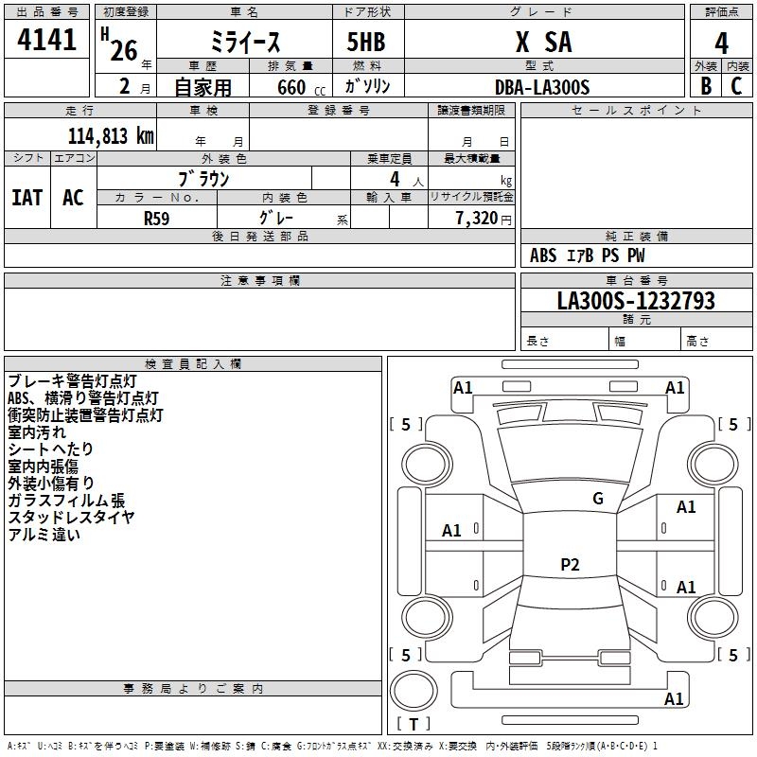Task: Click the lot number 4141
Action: pyautogui.click(x=47, y=41)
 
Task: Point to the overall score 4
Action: pyautogui.click(x=721, y=43)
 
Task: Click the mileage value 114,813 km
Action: pyautogui.click(x=111, y=136)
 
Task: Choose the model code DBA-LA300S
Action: pyautogui.click(x=542, y=87)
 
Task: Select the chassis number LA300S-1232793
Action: pyautogui.click(x=636, y=301)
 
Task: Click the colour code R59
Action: pyautogui.click(x=157, y=217)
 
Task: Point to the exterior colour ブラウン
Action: pyautogui.click(x=203, y=178)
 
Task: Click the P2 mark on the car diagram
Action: pyautogui.click(x=570, y=565)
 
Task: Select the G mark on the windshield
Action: pyautogui.click(x=597, y=499)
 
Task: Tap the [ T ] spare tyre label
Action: pyautogui.click(x=414, y=724)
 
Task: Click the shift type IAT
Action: pyautogui.click(x=27, y=197)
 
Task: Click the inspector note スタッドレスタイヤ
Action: pyautogui.click(x=71, y=518)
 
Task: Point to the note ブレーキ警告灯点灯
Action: pyautogui.click(x=72, y=381)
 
